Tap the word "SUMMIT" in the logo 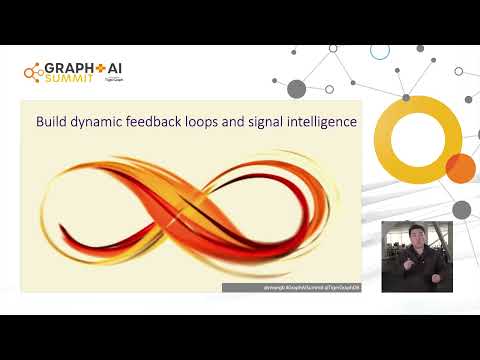[x=63, y=81]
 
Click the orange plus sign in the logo [x=97, y=70]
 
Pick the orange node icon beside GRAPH [x=31, y=72]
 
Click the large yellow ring [x=425, y=137]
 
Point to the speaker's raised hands [x=414, y=268]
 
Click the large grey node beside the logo [x=296, y=89]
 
